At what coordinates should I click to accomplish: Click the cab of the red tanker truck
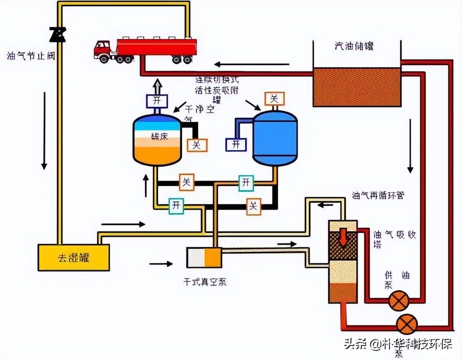(x=102, y=48)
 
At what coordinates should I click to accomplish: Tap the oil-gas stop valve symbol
(x=58, y=35)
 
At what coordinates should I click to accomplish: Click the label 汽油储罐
(x=354, y=46)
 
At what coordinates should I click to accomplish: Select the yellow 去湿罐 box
(x=73, y=257)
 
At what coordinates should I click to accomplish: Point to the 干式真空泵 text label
(x=205, y=282)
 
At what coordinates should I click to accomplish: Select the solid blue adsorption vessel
(x=275, y=138)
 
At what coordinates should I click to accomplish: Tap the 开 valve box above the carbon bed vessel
(x=156, y=101)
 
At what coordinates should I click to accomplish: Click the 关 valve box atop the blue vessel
(x=274, y=98)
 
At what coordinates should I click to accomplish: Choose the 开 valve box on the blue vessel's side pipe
(x=236, y=144)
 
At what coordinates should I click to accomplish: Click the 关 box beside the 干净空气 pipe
(x=197, y=145)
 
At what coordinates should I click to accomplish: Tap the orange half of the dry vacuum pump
(x=213, y=257)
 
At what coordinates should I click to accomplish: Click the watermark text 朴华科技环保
(x=417, y=345)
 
